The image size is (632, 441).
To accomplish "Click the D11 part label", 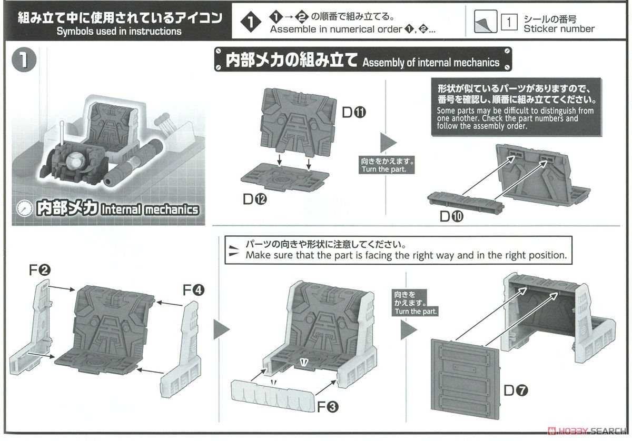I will click(352, 112).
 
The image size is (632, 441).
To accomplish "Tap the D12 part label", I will click(255, 199).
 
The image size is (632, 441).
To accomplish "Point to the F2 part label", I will click(39, 270).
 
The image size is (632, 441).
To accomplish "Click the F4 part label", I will click(193, 289).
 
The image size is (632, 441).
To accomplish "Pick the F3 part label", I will click(327, 406).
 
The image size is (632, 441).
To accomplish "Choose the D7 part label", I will click(515, 390).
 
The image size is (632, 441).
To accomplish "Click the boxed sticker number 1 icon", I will click(509, 23).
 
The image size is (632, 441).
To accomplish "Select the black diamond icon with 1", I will click(250, 23).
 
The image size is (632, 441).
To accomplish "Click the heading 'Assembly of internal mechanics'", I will click(431, 63).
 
